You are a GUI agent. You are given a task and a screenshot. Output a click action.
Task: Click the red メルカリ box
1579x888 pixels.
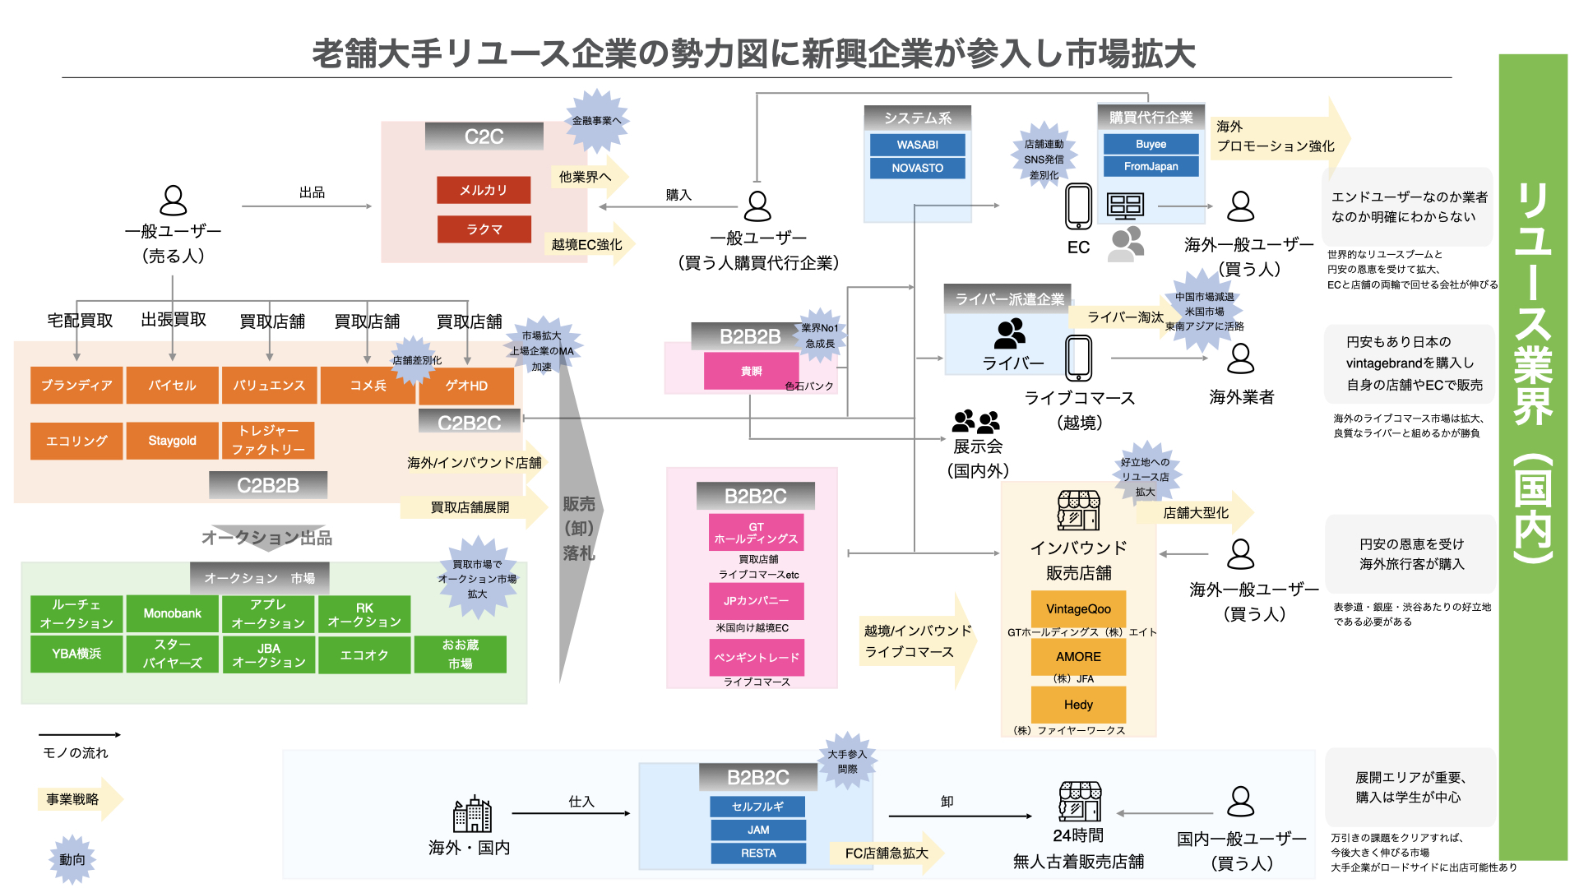[484, 190]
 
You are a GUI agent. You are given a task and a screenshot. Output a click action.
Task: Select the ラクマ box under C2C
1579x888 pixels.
[484, 229]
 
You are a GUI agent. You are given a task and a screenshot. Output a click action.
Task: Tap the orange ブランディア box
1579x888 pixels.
[76, 385]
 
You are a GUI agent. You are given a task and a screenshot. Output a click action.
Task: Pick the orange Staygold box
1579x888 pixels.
[172, 441]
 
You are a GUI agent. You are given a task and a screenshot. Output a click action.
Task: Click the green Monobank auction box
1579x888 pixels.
[172, 613]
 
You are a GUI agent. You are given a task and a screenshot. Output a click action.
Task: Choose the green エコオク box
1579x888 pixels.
[364, 655]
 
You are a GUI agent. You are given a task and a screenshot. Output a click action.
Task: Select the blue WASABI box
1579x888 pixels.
[917, 145]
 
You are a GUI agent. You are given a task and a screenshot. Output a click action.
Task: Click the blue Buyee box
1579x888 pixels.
[1151, 144]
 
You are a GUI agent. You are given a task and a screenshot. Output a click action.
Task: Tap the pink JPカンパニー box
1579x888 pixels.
[756, 601]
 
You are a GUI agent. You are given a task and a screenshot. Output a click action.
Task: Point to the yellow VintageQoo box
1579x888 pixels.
[1078, 609]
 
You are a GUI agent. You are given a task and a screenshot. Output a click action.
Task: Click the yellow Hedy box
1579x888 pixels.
[1078, 705]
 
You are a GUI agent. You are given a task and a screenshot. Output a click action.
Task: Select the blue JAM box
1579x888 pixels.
[757, 830]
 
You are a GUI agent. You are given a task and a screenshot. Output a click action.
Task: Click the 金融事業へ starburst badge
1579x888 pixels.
[597, 121]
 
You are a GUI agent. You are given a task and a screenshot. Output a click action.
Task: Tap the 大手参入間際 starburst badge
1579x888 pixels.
[847, 761]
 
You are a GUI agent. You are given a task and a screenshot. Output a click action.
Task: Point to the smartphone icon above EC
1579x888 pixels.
[1078, 206]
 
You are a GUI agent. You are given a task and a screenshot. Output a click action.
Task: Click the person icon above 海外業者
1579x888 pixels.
[1240, 358]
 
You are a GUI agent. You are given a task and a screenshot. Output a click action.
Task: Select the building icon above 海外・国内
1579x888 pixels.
[472, 815]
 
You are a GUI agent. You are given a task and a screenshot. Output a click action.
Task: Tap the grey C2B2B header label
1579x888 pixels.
[268, 485]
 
